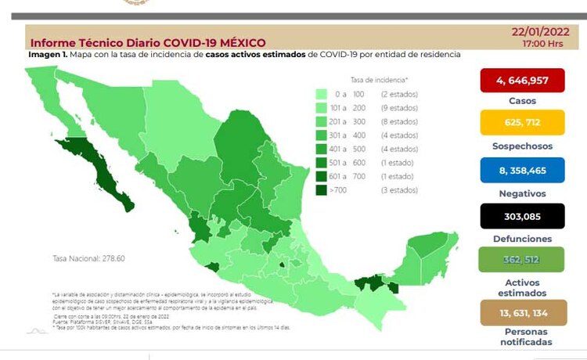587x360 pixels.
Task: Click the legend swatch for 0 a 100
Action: click(321, 94)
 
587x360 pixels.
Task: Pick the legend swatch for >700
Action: click(321, 189)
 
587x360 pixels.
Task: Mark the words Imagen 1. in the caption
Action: click(47, 55)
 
